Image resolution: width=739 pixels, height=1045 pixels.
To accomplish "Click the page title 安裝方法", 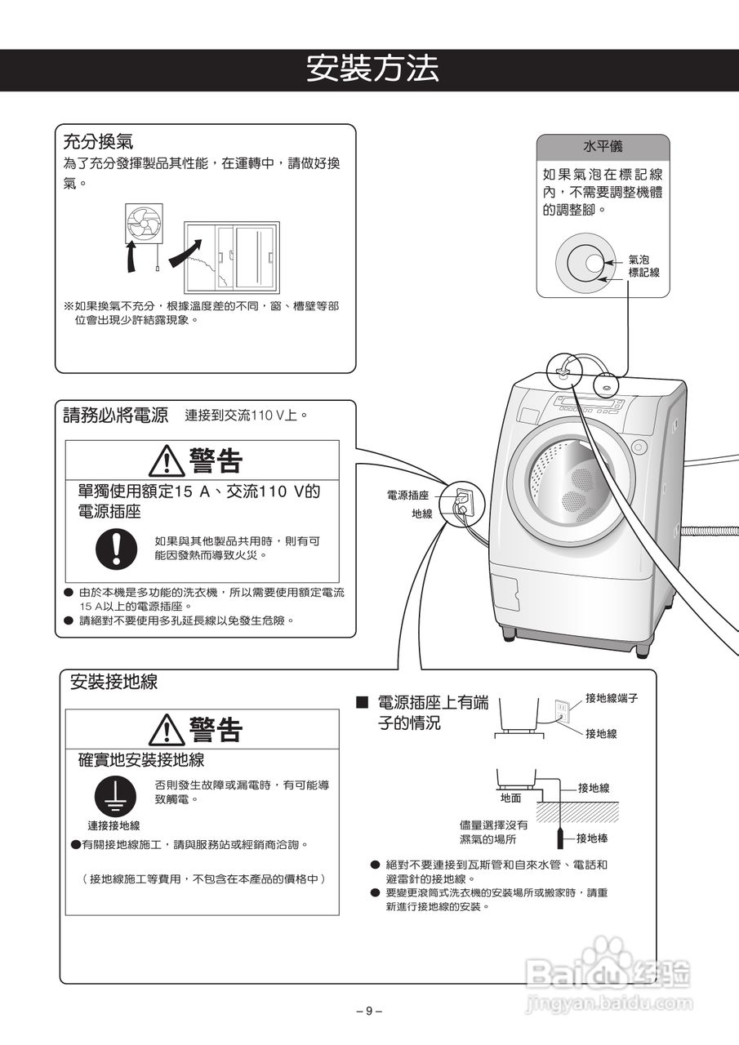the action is [x=372, y=69].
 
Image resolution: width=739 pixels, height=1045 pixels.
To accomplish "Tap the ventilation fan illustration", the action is [x=144, y=223].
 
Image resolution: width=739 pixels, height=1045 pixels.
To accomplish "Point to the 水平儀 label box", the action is [x=603, y=147].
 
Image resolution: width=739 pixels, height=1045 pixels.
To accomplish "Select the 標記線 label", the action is [x=643, y=273].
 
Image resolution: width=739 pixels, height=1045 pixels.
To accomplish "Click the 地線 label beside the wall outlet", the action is [x=421, y=514].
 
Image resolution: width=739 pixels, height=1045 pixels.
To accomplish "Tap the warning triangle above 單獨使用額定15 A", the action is [x=167, y=462].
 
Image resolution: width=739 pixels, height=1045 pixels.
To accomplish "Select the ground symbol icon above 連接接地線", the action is [x=114, y=794].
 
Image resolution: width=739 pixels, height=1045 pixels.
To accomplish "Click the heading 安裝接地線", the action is [x=114, y=683].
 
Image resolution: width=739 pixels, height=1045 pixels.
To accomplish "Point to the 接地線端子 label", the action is [x=612, y=698].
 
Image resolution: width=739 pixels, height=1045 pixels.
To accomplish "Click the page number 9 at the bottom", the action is [x=369, y=1011].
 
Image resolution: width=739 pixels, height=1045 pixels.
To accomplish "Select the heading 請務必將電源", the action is [x=116, y=415].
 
